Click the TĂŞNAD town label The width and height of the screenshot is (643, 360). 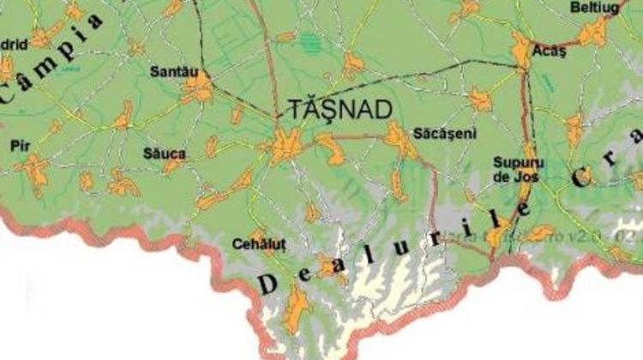pos(340,109)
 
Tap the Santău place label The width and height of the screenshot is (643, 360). pos(169,72)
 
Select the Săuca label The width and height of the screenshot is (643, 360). pos(165,153)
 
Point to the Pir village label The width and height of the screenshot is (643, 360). pos(20,145)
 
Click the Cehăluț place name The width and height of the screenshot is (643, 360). pos(255,244)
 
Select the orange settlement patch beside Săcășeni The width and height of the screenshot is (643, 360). pos(399,137)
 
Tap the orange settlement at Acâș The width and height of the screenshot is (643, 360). pos(523,50)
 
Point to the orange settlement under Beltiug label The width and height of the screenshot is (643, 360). pos(592,33)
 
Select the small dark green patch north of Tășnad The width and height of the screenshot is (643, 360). pos(309,38)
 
